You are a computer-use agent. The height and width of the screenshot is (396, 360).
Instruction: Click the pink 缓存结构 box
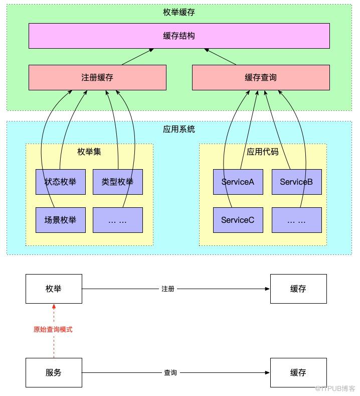[x=179, y=36]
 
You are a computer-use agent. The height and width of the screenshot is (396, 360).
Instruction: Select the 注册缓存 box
[x=97, y=77]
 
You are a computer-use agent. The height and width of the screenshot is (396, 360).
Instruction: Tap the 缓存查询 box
[x=261, y=77]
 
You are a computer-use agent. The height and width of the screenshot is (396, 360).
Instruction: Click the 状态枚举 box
[x=61, y=182]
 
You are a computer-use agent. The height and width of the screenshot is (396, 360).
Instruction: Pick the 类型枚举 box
[x=118, y=182]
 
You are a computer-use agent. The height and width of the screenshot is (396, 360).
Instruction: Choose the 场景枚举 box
[x=61, y=220]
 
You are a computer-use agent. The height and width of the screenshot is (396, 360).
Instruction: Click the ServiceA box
[x=238, y=182]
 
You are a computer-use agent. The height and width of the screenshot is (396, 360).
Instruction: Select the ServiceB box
[x=297, y=182]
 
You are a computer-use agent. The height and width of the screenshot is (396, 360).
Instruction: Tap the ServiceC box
[x=238, y=220]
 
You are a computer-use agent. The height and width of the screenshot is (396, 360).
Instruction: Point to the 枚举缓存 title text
[x=179, y=12]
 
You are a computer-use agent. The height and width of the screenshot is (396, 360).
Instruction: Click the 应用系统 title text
[x=179, y=129]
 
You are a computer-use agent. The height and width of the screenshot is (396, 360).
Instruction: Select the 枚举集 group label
[x=89, y=152]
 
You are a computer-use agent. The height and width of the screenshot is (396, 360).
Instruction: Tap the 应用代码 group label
[x=263, y=152]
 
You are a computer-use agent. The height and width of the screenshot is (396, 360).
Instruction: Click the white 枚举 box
[x=54, y=289]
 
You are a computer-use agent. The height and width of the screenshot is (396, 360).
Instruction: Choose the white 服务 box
[x=54, y=372]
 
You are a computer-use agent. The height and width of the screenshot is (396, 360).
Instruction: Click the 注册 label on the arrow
[x=168, y=289]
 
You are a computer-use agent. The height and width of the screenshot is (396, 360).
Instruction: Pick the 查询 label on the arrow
[x=170, y=372]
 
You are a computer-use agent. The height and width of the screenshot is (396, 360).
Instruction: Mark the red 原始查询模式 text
[x=53, y=329]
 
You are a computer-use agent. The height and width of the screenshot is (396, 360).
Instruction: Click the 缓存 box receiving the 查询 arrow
[x=298, y=372]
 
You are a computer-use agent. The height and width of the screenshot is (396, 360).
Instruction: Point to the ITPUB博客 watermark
[x=336, y=388]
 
